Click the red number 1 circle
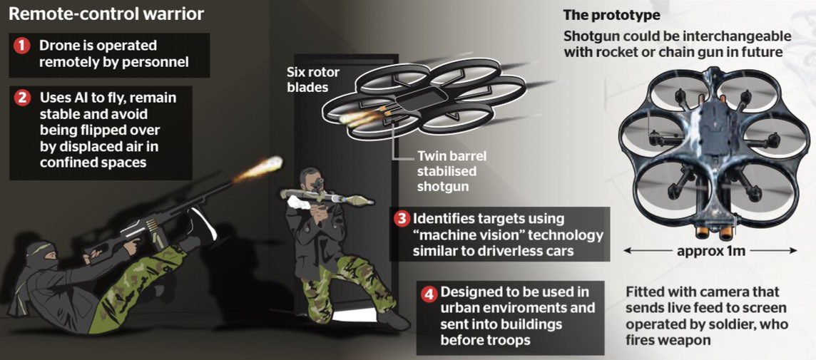click(21, 45)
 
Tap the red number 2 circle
click(22, 98)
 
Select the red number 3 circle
click(402, 218)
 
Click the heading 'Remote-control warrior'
click(106, 14)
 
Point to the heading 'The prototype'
click(611, 15)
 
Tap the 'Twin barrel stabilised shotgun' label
click(452, 171)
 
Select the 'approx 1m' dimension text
click(711, 251)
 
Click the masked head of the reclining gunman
click(41, 256)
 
